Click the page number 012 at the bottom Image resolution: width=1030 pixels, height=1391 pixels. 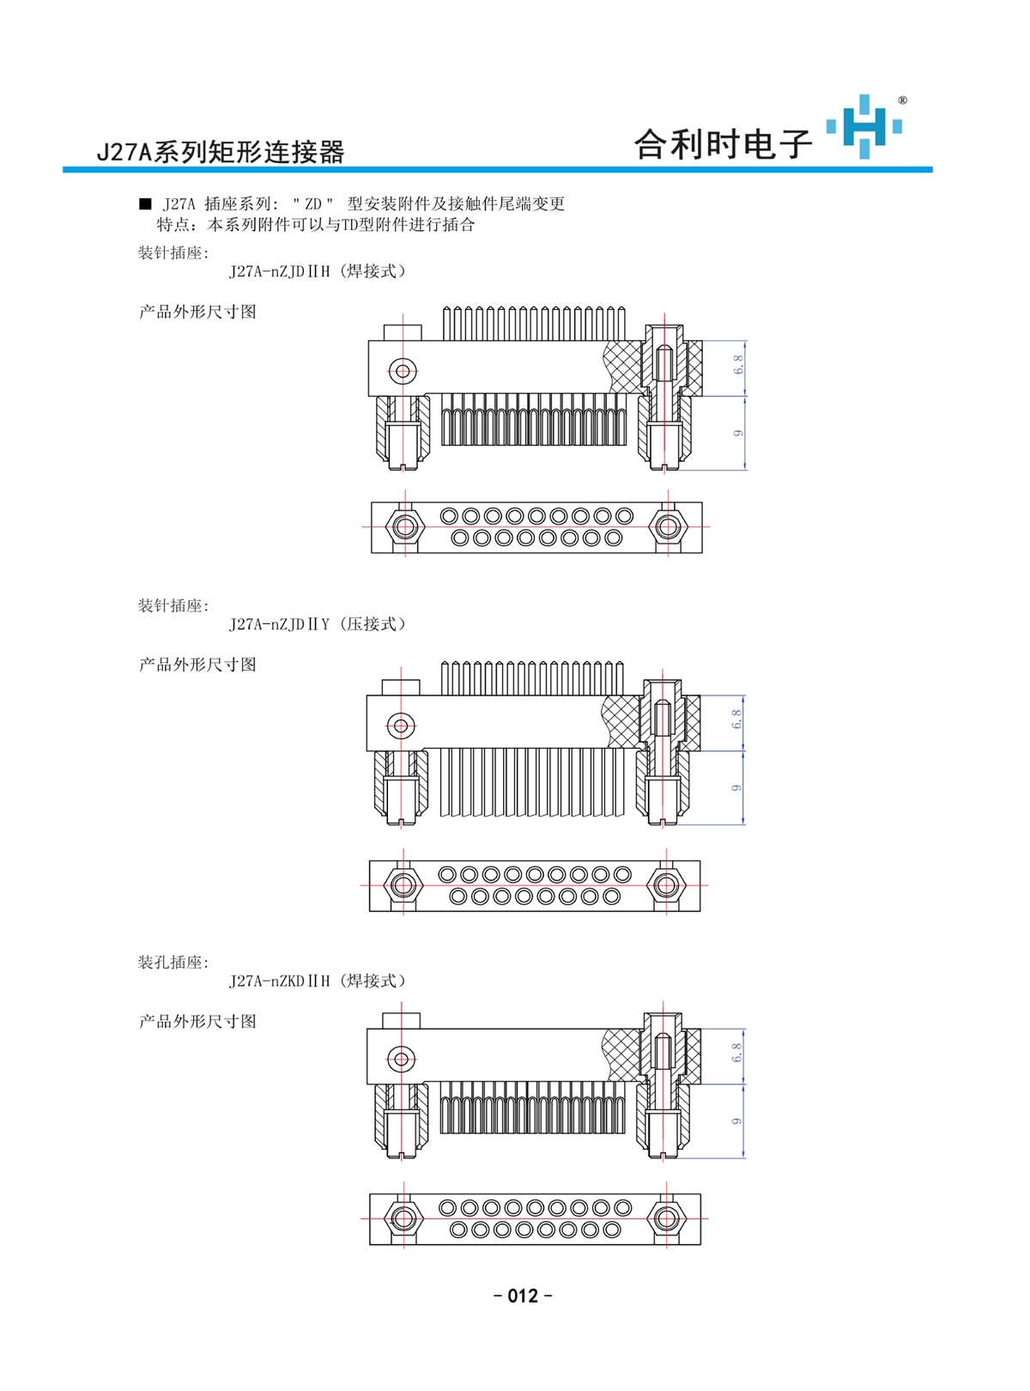pos(523,1296)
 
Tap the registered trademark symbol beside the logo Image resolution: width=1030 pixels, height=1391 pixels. pos(902,100)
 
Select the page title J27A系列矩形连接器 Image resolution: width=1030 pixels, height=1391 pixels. pos(221,152)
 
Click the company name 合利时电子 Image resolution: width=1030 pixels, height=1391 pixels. pos(723,144)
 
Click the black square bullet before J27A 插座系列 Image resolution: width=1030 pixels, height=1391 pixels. pos(145,203)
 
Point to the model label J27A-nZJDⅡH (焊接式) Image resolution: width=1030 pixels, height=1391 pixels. pos(318,271)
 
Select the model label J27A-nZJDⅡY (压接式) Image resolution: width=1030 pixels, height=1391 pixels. pos(318,624)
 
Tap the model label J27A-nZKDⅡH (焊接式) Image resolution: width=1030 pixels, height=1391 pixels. pos(318,981)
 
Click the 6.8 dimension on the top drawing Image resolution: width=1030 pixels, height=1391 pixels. pos(738,364)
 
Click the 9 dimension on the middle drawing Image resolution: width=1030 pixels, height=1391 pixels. pos(736,787)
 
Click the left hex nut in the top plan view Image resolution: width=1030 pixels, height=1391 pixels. pos(404,526)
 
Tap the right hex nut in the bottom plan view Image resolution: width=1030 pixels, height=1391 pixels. pos(666,1218)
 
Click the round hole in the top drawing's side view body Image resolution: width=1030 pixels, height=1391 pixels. pos(403,371)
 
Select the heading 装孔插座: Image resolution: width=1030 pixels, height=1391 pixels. pos(173,962)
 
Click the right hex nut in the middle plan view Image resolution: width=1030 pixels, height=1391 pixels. pos(666,885)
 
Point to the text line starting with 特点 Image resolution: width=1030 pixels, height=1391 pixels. pos(316,224)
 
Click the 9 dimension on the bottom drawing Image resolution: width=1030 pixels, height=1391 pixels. pos(736,1121)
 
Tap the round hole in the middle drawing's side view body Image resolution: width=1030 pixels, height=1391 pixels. pos(401,726)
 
